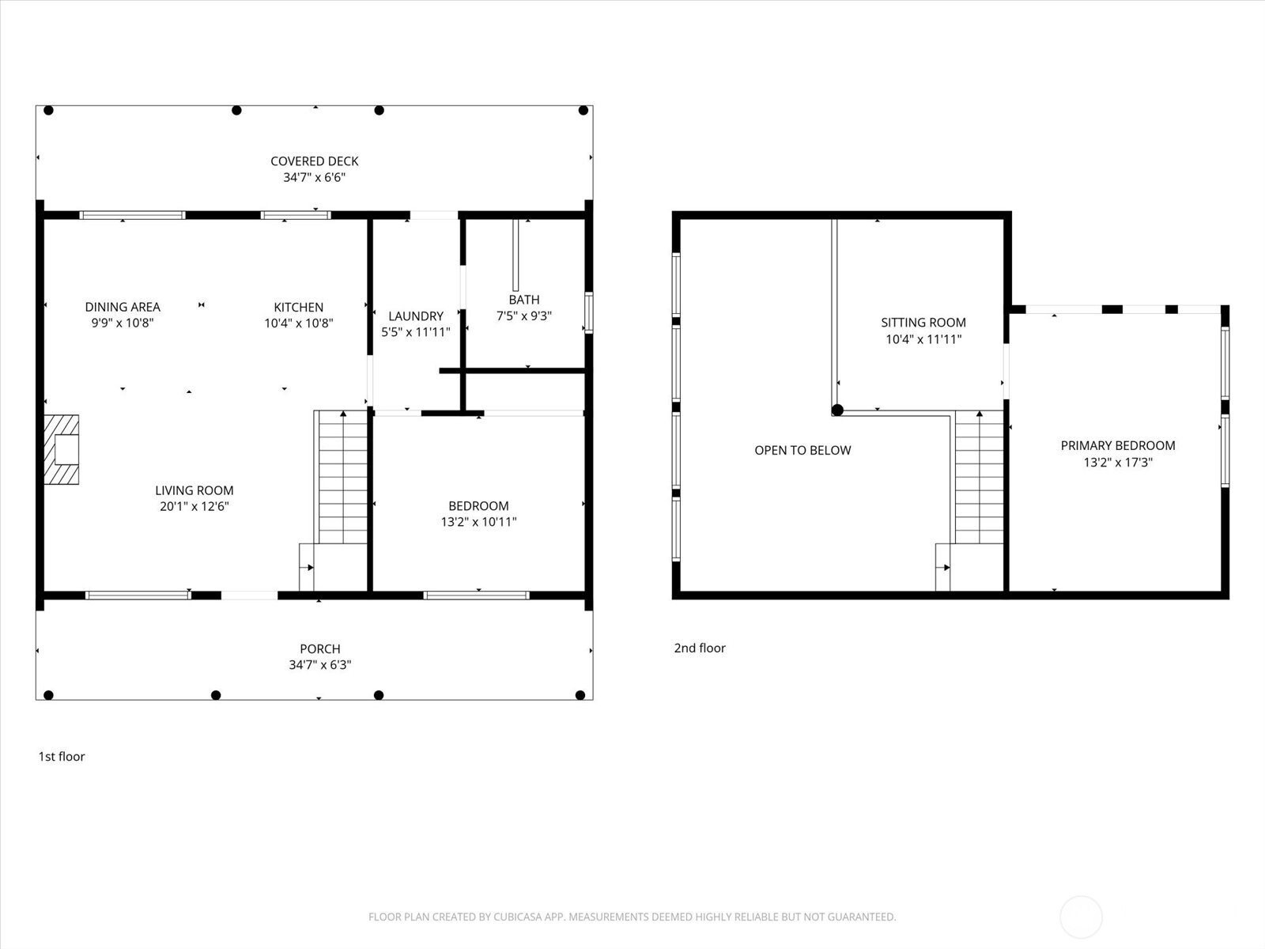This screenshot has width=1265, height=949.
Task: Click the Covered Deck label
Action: click(x=314, y=161)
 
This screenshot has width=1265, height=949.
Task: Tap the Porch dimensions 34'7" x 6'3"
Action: click(x=319, y=665)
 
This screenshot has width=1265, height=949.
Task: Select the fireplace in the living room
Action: click(x=62, y=449)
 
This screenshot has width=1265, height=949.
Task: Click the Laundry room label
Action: click(x=416, y=316)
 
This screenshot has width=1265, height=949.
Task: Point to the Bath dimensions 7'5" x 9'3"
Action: click(x=523, y=316)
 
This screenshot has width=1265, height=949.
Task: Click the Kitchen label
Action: click(x=298, y=307)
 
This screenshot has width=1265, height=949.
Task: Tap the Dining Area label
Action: click(x=123, y=307)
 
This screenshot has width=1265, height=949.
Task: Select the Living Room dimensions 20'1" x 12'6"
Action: click(x=194, y=506)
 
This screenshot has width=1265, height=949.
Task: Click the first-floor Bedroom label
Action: click(x=478, y=505)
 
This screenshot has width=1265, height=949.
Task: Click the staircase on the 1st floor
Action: click(x=342, y=478)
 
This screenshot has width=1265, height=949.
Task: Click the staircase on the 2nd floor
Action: click(x=979, y=478)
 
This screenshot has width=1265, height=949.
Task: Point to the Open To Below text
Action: click(x=802, y=450)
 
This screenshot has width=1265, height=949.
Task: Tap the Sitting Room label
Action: click(x=923, y=322)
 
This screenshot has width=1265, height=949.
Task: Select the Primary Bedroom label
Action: click(x=1117, y=445)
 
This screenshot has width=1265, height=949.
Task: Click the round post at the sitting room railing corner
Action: click(x=837, y=410)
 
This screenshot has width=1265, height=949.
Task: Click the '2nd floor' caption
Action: click(x=699, y=648)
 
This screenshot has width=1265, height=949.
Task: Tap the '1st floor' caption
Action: click(x=62, y=756)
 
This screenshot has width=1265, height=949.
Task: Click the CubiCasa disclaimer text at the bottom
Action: click(x=632, y=917)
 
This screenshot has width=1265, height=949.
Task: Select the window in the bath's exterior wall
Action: click(x=588, y=312)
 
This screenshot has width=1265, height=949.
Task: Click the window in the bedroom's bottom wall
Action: click(x=476, y=595)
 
